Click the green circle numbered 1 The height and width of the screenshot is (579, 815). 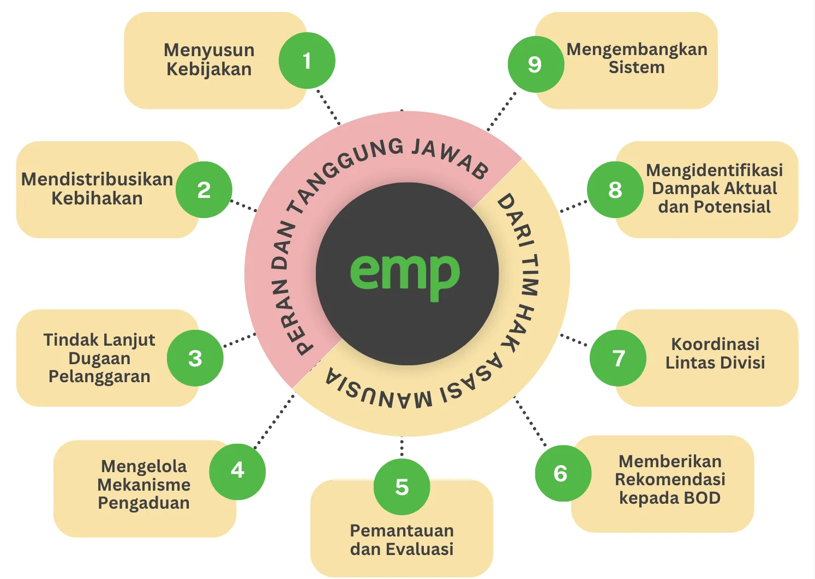[x=307, y=61]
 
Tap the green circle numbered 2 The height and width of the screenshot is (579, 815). [x=204, y=190]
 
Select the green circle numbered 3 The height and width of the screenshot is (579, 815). [x=195, y=358]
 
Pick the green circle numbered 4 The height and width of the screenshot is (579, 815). [x=237, y=472]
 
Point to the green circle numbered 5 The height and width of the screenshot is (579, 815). [x=401, y=487]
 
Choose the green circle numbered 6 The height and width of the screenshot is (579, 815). [x=563, y=473]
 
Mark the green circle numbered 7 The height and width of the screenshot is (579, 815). [x=618, y=358]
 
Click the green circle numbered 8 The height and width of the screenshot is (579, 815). [x=615, y=190]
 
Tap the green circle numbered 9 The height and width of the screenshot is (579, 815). [x=536, y=64]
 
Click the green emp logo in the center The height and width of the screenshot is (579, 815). [x=405, y=277]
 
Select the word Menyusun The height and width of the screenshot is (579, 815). [x=209, y=50]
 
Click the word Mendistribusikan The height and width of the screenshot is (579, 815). [x=97, y=179]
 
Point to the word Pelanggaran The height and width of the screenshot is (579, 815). [x=99, y=377]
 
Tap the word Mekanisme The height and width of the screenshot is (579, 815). [x=144, y=485]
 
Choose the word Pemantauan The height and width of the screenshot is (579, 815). [x=402, y=531]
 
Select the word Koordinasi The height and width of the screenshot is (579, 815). [x=715, y=344]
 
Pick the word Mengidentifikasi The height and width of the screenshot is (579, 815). [x=715, y=170]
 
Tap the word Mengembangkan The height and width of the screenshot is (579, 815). [x=637, y=50]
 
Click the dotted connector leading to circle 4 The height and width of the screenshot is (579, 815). [x=274, y=421]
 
